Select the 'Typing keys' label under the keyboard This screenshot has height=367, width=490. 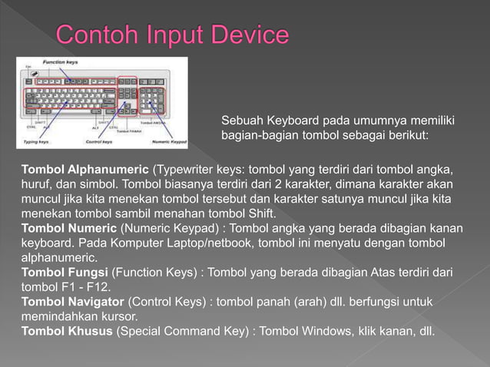[x=35, y=142]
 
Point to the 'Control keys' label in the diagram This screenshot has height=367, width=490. [x=98, y=142]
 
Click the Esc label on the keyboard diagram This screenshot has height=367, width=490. [x=27, y=68]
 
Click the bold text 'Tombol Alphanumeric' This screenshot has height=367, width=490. [x=86, y=168]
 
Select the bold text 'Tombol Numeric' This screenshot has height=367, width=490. [x=68, y=228]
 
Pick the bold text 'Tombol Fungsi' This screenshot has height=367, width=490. [x=65, y=273]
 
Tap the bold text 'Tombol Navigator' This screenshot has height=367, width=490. [x=72, y=302]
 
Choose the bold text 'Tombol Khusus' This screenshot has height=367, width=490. [x=67, y=332]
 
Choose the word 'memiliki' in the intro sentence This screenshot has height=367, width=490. [x=431, y=121]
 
